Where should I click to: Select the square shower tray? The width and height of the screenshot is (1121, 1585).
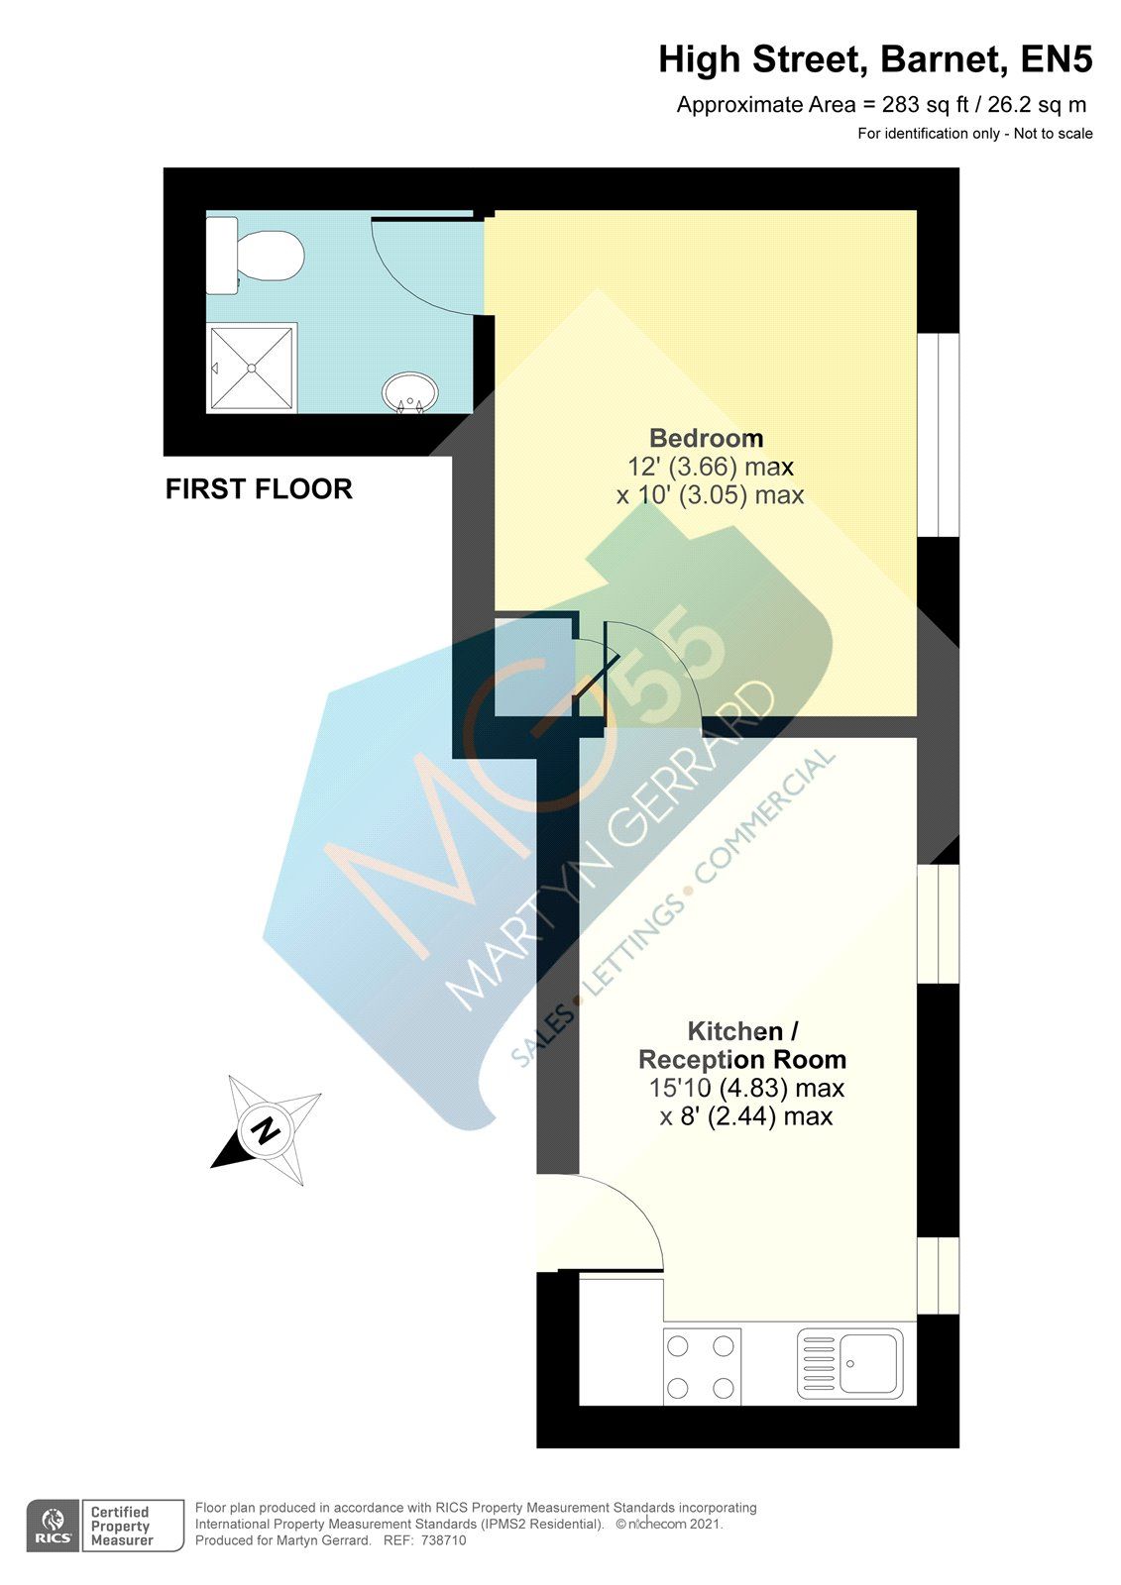[x=252, y=368]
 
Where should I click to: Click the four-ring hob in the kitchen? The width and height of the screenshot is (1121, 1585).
[x=702, y=1365]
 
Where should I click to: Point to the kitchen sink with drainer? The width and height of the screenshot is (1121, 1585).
[x=850, y=1363]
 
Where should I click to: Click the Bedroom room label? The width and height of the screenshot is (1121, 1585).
[x=706, y=438]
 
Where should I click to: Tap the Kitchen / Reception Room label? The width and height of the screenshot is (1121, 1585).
[x=742, y=1045]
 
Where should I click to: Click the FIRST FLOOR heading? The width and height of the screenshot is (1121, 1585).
[x=259, y=489]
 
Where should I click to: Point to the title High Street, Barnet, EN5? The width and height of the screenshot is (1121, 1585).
[x=875, y=60]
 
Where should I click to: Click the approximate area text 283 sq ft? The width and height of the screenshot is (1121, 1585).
[x=881, y=105]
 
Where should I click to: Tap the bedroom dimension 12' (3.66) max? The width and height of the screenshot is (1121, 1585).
[x=710, y=467]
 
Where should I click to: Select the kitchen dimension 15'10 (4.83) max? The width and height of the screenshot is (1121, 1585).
[x=746, y=1088]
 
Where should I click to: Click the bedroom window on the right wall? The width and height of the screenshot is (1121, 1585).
[x=938, y=435]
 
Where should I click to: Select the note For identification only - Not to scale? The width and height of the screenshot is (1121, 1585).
[x=974, y=134]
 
